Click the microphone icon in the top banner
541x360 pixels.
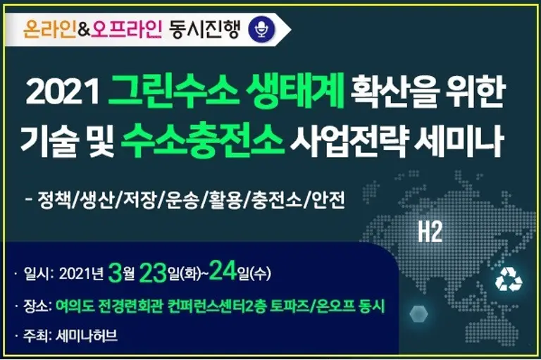[262, 29]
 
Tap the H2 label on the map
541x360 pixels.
[430, 232]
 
